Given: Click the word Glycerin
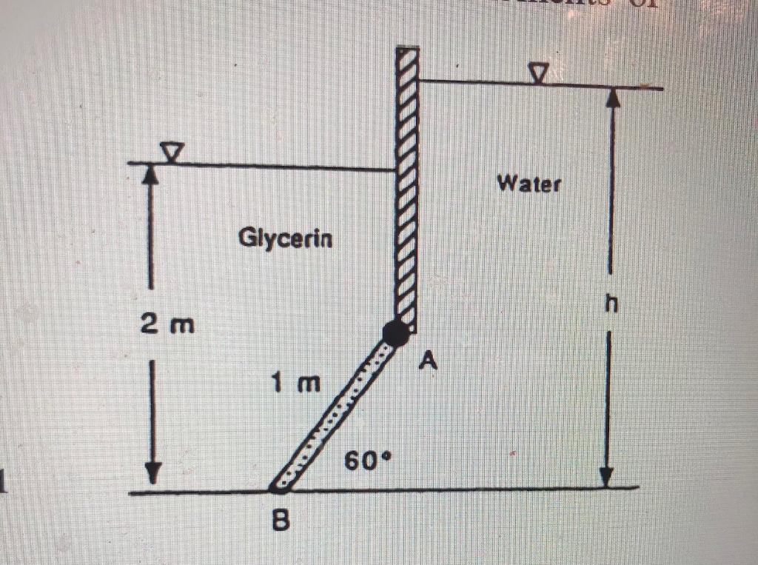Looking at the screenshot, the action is [286, 238].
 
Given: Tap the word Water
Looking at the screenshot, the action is [529, 183].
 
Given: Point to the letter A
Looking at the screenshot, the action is [427, 361].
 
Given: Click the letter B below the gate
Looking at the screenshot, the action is [280, 522].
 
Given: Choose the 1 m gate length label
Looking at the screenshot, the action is [296, 384].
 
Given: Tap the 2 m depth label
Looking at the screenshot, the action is [165, 324].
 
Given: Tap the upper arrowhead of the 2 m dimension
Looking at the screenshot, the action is [150, 173].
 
